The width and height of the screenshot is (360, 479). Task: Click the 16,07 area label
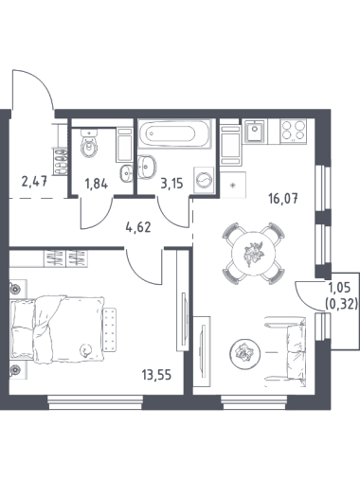[283, 199]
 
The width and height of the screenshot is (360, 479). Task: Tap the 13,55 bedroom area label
[156, 375]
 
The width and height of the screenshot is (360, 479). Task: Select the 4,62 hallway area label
[138, 227]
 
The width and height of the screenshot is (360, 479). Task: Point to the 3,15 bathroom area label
[171, 183]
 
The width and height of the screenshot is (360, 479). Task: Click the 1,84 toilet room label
[97, 184]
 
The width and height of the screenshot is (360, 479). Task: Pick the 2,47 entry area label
[34, 182]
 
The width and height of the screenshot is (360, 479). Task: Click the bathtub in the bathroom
[174, 133]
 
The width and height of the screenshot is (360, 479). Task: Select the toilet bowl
[89, 145]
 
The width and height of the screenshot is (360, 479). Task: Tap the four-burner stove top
[294, 131]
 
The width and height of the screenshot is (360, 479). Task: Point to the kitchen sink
[255, 131]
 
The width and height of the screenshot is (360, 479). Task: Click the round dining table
[253, 254]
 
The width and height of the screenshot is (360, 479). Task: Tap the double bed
[57, 328]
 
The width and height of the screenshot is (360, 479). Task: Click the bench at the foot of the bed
[110, 329]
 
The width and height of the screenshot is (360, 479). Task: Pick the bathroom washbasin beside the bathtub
[147, 166]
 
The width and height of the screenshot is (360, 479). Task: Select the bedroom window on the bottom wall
[96, 402]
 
